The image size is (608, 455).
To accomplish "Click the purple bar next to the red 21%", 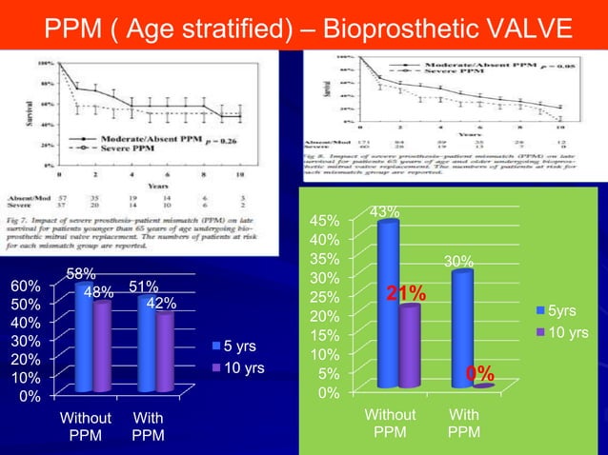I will pyautogui.click(x=410, y=346).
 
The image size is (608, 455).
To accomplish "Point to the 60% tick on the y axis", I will pyautogui.click(x=25, y=286).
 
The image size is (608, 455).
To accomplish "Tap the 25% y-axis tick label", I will pyautogui.click(x=327, y=297).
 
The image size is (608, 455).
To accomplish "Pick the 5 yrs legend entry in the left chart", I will pyautogui.click(x=235, y=345).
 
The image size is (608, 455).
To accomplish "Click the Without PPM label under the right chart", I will pyautogui.click(x=391, y=424).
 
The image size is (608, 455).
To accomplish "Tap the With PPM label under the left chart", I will pyautogui.click(x=148, y=425).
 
